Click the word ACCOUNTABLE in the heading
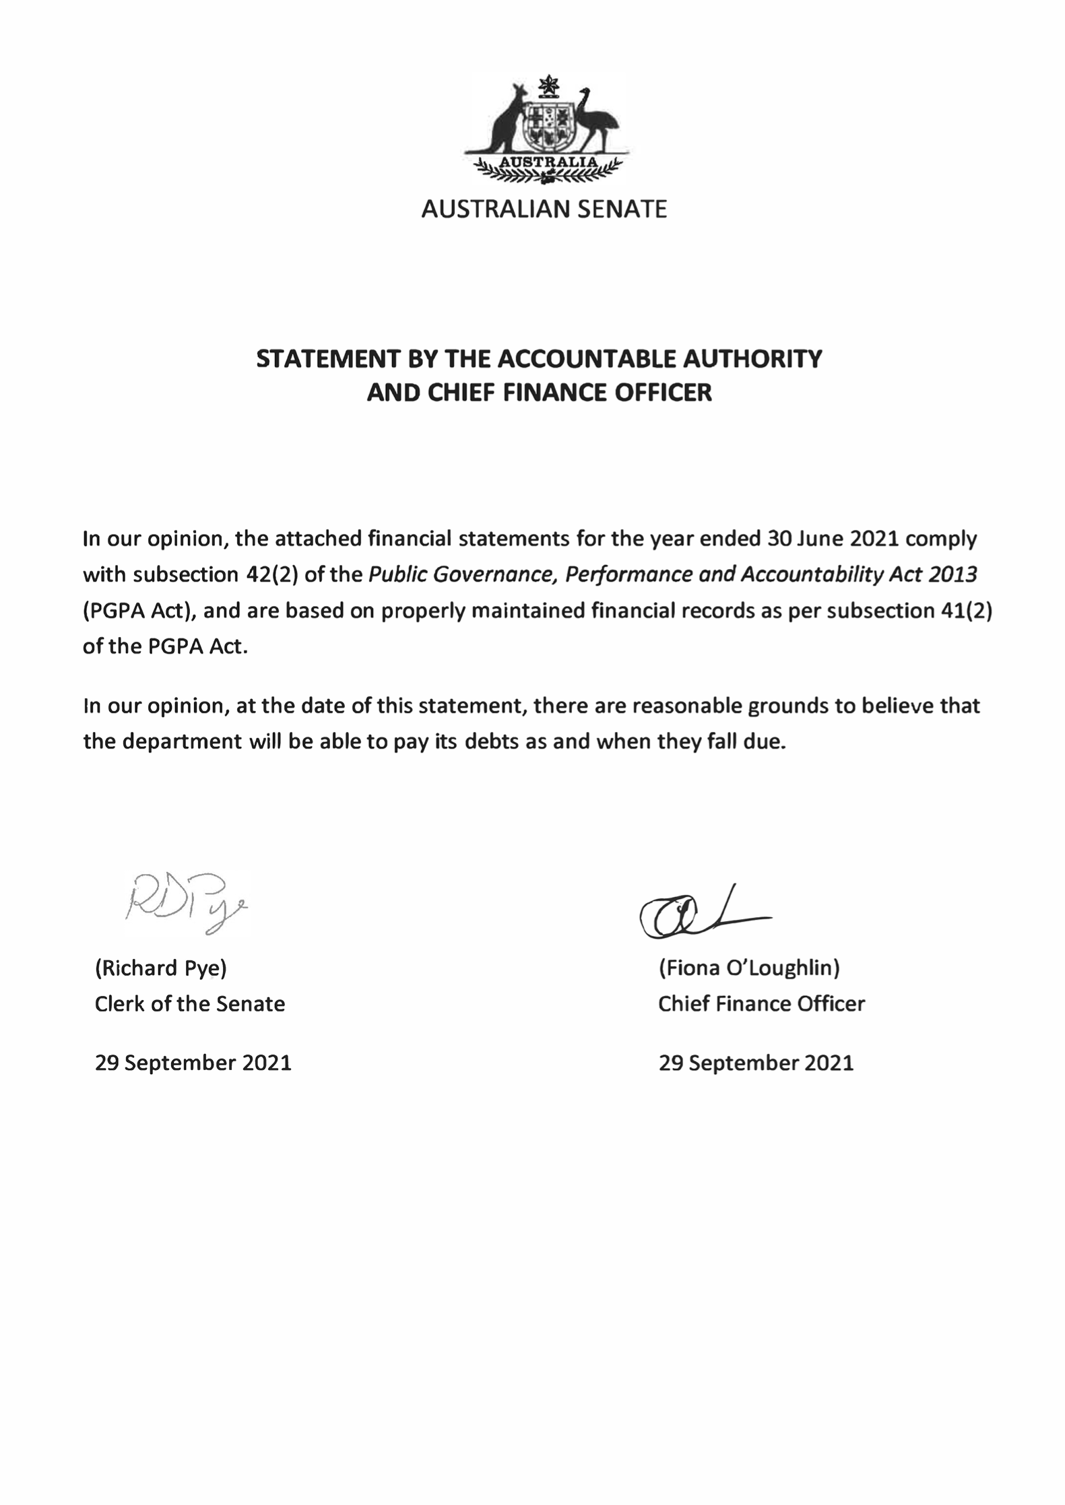[586, 358]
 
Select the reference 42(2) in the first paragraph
[269, 574]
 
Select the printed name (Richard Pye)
[161, 968]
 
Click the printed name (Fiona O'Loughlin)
[748, 968]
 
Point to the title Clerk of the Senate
[190, 1003]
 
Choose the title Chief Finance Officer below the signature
[761, 1003]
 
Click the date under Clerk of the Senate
[193, 1063]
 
